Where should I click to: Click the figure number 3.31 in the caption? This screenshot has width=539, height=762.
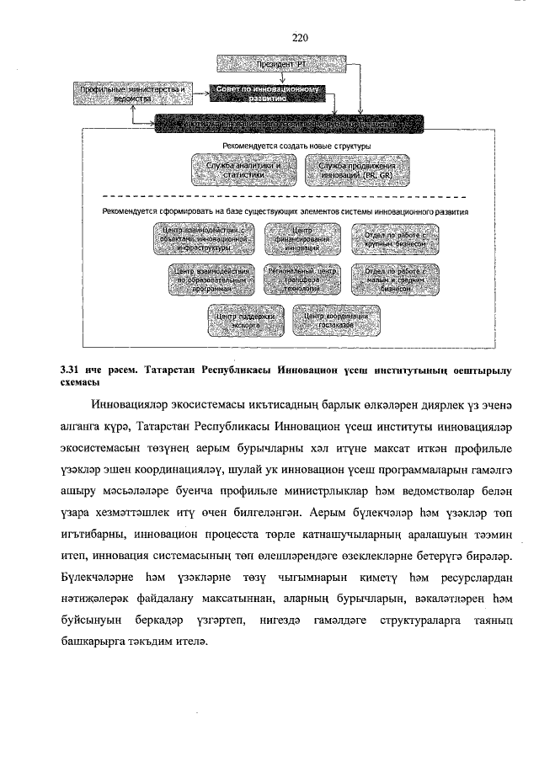point(72,369)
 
